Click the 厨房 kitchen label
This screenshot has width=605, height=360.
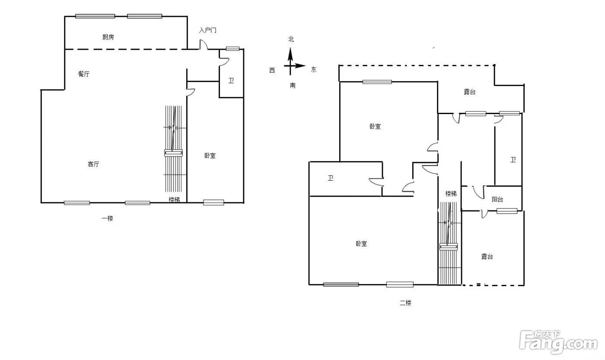[x=108, y=37]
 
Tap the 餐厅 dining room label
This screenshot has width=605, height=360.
[x=84, y=74]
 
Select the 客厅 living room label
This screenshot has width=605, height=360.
[x=93, y=164]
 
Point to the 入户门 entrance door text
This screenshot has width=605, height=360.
[x=208, y=30]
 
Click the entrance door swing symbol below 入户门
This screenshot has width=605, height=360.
[x=204, y=45]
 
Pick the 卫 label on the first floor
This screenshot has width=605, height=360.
[x=231, y=80]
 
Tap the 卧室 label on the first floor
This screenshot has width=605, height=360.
[x=210, y=156]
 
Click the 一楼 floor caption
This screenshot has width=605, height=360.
[x=107, y=218]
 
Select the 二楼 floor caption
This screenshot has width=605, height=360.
[x=405, y=303]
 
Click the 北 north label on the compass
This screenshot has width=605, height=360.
[x=291, y=39]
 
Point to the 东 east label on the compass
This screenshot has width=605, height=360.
[x=314, y=70]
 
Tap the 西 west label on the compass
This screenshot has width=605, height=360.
[x=272, y=70]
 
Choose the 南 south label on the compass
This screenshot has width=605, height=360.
[x=293, y=85]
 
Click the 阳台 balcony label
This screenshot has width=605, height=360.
[x=497, y=199]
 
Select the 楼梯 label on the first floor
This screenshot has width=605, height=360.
[x=174, y=200]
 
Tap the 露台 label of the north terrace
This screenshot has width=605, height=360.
[x=469, y=92]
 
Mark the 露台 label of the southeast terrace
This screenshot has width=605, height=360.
[x=487, y=257]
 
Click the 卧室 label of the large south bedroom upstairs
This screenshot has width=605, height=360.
[x=361, y=244]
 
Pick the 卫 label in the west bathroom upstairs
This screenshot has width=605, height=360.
[x=331, y=178]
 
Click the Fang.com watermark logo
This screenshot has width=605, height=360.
[x=558, y=342]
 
